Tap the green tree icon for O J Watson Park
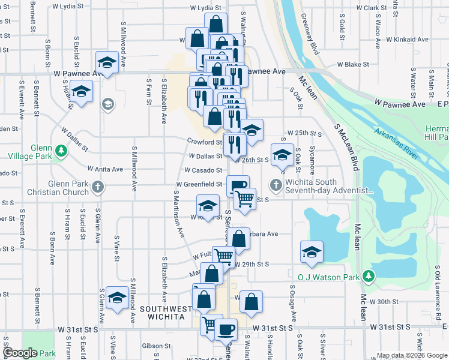(x=369, y=277)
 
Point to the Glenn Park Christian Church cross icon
(x=97, y=187)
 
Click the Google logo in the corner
(x=20, y=353)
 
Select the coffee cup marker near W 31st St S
(x=226, y=329)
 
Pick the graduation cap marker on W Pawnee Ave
(x=107, y=62)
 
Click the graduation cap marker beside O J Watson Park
(x=312, y=252)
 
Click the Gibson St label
(x=157, y=346)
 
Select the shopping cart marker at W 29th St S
(x=223, y=257)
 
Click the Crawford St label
(x=204, y=142)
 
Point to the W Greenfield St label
(x=199, y=184)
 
